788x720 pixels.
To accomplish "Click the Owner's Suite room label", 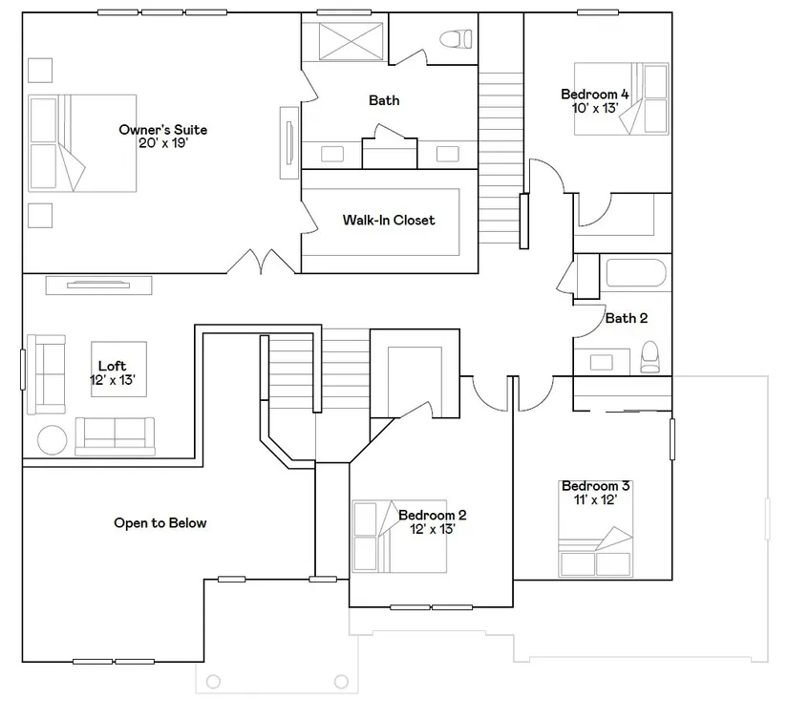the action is (x=162, y=130).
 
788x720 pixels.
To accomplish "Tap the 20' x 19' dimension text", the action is (x=162, y=143).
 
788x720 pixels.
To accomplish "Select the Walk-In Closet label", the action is (x=389, y=220).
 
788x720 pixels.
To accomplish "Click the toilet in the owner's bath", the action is (x=456, y=39).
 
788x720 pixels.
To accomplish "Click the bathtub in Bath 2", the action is (x=636, y=273).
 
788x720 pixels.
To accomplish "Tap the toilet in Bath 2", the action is (x=650, y=357).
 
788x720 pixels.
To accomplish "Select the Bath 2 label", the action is (x=627, y=318).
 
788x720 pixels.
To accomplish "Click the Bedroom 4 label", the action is (x=594, y=94).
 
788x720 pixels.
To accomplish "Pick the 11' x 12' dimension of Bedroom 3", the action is (x=595, y=500).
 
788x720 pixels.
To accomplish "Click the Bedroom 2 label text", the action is (x=432, y=515).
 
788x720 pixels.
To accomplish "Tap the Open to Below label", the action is (x=160, y=523).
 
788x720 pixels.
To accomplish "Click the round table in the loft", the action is (x=53, y=440).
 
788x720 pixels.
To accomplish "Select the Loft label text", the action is (x=112, y=366).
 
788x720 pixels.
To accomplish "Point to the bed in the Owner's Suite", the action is (x=82, y=143).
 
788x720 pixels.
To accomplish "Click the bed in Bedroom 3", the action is (x=595, y=529).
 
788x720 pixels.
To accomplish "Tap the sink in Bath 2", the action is (x=601, y=362).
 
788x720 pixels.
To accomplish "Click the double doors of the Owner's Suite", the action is (x=261, y=262).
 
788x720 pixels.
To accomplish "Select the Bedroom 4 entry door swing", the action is (x=546, y=176).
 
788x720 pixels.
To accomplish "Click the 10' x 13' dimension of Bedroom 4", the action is (x=595, y=108).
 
